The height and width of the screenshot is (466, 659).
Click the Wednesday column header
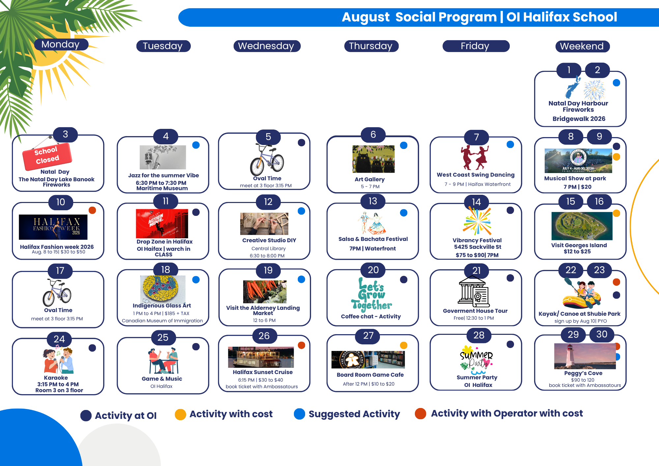click(x=267, y=46)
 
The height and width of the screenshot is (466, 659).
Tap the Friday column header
click(x=476, y=46)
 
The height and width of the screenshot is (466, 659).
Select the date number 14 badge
click(x=476, y=202)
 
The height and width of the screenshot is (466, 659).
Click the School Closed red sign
click(x=47, y=156)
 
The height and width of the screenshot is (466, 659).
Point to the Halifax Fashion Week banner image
click(x=53, y=227)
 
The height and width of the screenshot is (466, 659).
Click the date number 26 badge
click(x=264, y=336)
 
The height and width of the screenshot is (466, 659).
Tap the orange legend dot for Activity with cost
click(x=181, y=414)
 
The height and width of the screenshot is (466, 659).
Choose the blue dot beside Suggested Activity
click(x=300, y=414)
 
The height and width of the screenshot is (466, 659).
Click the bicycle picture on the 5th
click(x=267, y=160)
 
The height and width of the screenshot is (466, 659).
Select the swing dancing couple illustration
click(x=474, y=157)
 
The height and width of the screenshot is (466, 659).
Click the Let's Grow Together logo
click(x=372, y=294)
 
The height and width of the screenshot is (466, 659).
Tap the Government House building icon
click(x=474, y=292)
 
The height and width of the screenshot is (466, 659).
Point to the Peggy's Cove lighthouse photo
click(x=585, y=356)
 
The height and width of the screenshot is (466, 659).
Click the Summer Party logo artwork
click(x=476, y=360)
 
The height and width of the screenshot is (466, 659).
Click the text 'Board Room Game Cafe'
click(x=370, y=375)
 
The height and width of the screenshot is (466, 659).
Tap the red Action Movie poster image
click(x=162, y=223)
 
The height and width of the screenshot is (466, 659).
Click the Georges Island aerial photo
click(x=582, y=226)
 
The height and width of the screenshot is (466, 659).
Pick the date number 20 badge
click(x=373, y=270)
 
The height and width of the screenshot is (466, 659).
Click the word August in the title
click(x=366, y=17)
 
